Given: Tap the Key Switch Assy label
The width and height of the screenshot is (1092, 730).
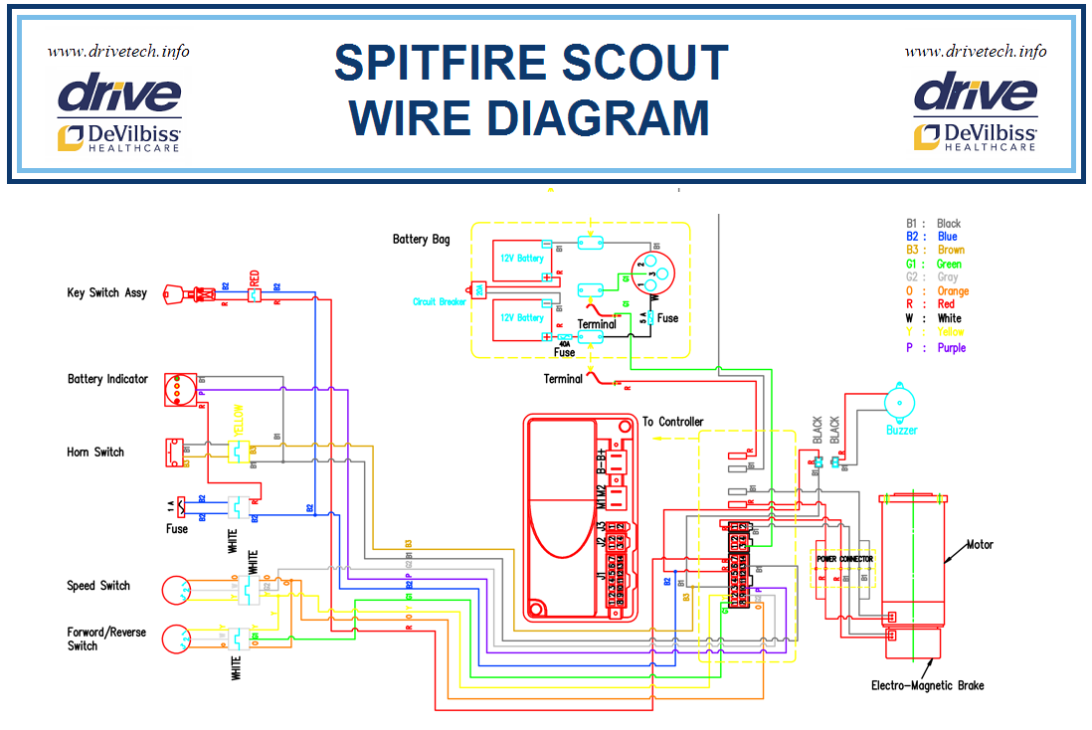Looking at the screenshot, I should (107, 293).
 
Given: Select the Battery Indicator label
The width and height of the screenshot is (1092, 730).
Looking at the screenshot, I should (107, 379).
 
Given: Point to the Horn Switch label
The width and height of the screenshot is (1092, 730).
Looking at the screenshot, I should (95, 453).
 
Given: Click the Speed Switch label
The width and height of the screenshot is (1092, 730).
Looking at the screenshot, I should (98, 586).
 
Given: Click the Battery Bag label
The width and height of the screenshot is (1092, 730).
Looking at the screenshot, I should (422, 240).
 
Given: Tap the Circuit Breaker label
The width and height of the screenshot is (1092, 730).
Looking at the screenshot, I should (440, 302).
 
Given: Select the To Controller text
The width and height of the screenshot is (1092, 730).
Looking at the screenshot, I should (672, 423).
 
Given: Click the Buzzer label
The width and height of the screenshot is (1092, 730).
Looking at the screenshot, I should (902, 431).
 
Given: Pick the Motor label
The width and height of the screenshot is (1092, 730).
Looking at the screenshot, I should (980, 545).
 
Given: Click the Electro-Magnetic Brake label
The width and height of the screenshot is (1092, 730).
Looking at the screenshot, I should (927, 685).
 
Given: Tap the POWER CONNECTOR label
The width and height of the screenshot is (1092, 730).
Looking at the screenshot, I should (844, 559).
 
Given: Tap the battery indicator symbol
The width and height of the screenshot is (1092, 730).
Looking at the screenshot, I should (179, 389).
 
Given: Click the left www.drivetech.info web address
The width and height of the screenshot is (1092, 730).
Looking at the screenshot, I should (118, 52).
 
